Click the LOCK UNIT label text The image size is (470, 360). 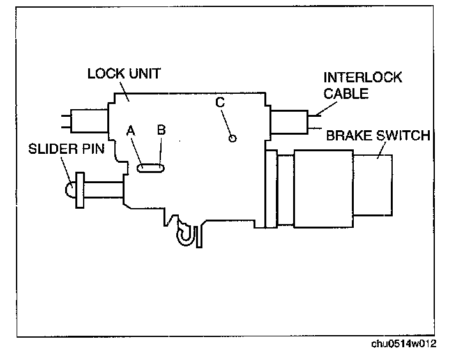click(123, 73)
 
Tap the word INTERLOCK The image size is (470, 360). click(363, 78)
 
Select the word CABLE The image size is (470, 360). click(345, 93)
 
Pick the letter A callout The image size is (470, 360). click(131, 130)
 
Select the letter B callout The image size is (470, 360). click(162, 130)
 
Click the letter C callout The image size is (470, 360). click(220, 101)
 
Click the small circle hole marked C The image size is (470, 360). click(232, 137)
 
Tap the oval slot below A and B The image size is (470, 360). click(151, 167)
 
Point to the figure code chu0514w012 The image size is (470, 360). click(404, 344)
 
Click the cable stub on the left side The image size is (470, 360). click(84, 119)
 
